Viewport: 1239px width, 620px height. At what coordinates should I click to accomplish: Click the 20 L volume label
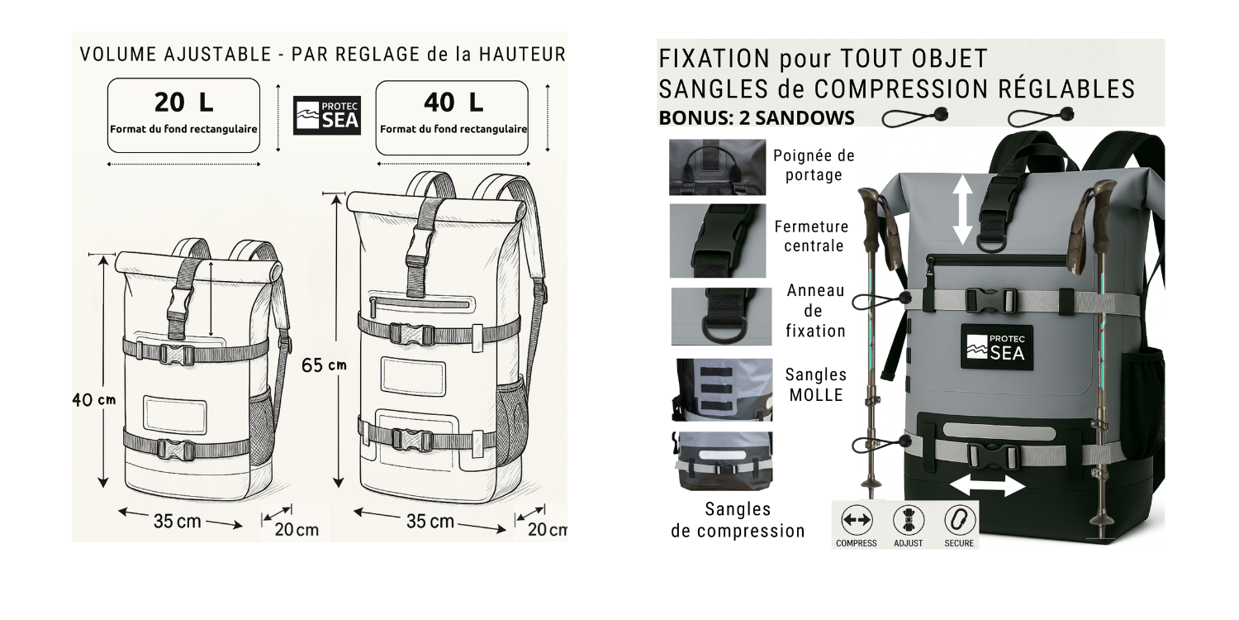click(183, 103)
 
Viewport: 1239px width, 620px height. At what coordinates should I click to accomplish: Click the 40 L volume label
click(453, 103)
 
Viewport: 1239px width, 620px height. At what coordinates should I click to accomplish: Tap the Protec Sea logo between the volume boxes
click(327, 115)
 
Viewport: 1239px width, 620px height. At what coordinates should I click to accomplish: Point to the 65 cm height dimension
click(324, 365)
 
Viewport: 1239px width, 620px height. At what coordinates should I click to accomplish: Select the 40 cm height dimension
click(94, 399)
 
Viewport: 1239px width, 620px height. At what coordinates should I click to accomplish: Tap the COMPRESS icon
click(857, 520)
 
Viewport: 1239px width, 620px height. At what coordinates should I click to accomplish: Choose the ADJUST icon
click(909, 520)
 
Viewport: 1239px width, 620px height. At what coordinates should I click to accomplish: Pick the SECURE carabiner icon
click(959, 520)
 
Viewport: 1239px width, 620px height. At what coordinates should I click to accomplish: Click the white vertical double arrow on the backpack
click(962, 209)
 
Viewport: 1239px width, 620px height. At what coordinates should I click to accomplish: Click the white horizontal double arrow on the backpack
click(987, 487)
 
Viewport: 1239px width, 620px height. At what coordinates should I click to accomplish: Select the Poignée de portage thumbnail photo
click(718, 167)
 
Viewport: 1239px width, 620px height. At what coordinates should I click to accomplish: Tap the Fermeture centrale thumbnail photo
click(718, 241)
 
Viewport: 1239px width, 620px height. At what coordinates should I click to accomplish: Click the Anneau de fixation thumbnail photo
click(721, 316)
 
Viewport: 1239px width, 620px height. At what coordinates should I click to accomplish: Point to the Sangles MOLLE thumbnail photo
click(722, 389)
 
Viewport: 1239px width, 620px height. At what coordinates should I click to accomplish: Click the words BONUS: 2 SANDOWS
click(757, 118)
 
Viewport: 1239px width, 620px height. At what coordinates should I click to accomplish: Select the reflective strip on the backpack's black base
click(999, 430)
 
